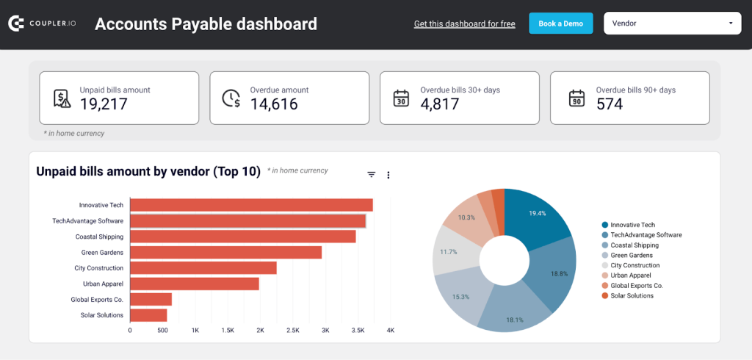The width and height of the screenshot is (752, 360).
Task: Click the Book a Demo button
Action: (x=560, y=24)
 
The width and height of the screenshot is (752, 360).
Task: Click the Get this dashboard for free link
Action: (x=464, y=24)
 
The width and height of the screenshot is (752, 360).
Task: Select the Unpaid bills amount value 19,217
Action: (x=104, y=104)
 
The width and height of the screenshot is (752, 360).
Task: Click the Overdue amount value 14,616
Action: (x=274, y=104)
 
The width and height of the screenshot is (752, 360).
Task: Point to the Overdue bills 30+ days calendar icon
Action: (x=401, y=98)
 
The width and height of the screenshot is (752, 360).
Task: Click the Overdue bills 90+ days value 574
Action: (x=610, y=104)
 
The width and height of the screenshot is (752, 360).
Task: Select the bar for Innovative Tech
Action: (x=251, y=205)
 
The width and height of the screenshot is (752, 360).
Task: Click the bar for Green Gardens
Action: (x=225, y=252)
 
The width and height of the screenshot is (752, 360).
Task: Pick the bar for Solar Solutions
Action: (x=148, y=315)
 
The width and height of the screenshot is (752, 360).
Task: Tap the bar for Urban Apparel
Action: (x=195, y=284)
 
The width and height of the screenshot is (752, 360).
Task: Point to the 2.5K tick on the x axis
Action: (x=293, y=331)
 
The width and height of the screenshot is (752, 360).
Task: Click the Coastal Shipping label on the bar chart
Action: (x=99, y=237)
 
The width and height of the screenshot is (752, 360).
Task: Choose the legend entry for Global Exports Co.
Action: (x=636, y=285)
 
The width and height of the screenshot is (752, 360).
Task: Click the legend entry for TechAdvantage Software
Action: (x=646, y=235)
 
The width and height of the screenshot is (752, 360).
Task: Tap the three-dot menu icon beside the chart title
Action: (x=388, y=175)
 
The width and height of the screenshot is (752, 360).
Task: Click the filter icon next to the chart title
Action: (x=372, y=175)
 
